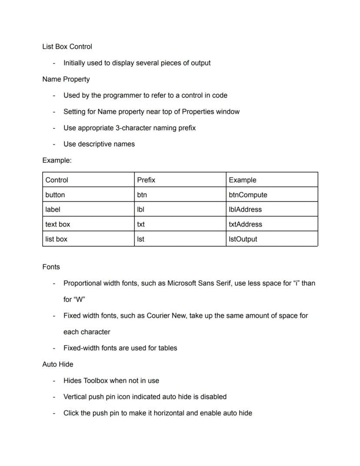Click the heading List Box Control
(x=67, y=47)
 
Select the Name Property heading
(x=66, y=79)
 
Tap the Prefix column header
(x=146, y=180)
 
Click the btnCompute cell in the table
(x=248, y=195)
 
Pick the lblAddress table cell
(x=245, y=210)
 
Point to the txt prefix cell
(x=141, y=225)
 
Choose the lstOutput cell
(x=243, y=239)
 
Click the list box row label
(x=57, y=239)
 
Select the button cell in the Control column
(x=55, y=195)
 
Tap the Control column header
(x=57, y=180)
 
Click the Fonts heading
(x=51, y=267)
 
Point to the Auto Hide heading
(x=58, y=364)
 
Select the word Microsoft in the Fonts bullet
(x=182, y=283)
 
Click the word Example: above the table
(x=57, y=161)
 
